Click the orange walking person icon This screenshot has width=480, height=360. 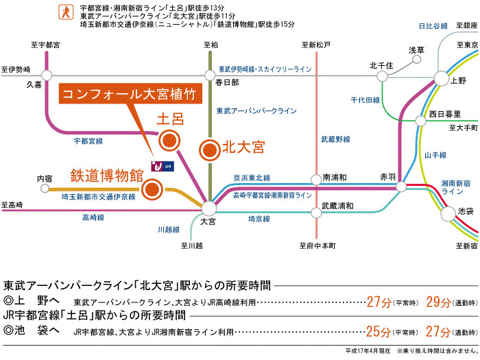[x=66, y=12]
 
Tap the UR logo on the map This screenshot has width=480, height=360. [x=163, y=166]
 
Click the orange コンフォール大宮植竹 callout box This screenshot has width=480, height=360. [x=130, y=94]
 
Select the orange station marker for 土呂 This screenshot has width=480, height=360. [x=169, y=141]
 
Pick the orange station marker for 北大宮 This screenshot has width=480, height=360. [x=210, y=150]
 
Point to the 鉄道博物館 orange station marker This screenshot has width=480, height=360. [x=152, y=189]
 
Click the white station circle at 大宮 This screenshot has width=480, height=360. [x=209, y=208]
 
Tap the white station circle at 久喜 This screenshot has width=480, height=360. [x=47, y=75]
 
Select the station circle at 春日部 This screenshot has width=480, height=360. [x=210, y=75]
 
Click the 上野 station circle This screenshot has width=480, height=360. [x=441, y=78]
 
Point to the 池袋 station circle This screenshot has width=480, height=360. [x=448, y=214]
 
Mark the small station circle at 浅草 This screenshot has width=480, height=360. [x=416, y=60]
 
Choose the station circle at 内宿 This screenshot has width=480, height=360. [x=45, y=189]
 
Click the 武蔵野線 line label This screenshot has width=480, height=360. [x=335, y=140]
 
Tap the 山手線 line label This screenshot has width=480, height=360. [x=435, y=155]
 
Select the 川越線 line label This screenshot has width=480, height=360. [x=169, y=230]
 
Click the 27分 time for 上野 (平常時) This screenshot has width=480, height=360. [x=379, y=302]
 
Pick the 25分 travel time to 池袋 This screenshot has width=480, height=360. [x=379, y=331]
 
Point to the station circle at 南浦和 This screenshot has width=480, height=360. [x=316, y=180]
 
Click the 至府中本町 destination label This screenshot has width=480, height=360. [x=317, y=245]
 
